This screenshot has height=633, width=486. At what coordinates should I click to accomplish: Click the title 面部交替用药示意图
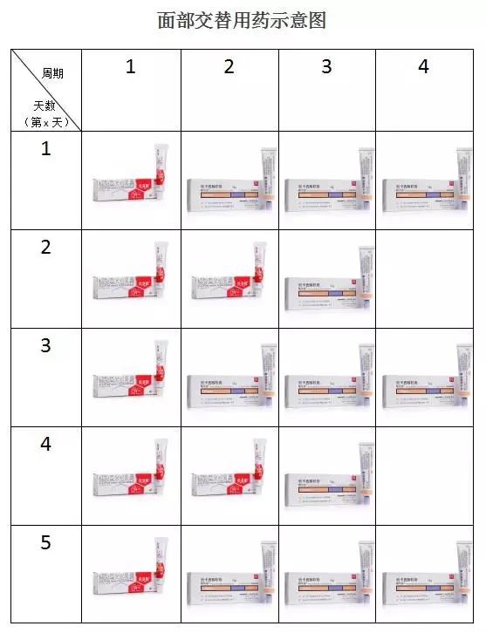pos(243,21)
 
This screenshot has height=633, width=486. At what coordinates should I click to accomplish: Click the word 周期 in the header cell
pos(51,73)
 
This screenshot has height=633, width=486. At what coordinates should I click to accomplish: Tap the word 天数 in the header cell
pos(42,105)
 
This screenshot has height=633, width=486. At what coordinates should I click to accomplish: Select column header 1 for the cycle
pos(131,66)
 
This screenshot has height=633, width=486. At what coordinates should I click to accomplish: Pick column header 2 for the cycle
pos(229,66)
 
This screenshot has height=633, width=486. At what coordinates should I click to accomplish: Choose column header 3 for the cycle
pos(327,66)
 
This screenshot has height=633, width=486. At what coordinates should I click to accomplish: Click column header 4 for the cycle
pos(424,66)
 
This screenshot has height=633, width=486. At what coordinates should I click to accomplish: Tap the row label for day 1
pos(46,149)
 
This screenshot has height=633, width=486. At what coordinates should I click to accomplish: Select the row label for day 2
pos(46,247)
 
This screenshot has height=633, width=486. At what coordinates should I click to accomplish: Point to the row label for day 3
pos(46,345)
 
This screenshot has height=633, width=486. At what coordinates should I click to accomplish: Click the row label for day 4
pos(46,444)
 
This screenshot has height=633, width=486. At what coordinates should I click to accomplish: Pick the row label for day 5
pos(46,542)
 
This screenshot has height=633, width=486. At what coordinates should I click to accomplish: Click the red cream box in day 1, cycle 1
pos(131,181)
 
